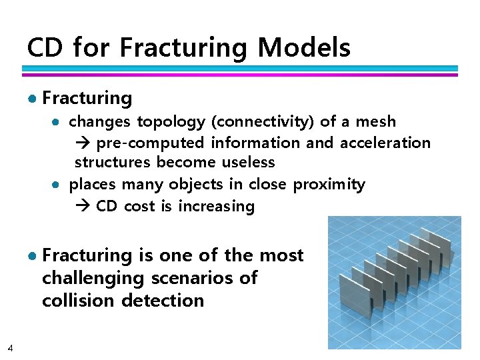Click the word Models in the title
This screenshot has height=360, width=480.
[x=303, y=48]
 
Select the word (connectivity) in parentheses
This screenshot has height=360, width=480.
[x=263, y=122]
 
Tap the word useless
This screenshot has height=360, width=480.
[x=248, y=163]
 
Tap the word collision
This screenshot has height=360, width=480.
[x=78, y=300]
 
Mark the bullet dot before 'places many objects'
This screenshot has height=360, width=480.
[x=57, y=185]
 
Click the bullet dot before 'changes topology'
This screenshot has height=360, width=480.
[x=57, y=122]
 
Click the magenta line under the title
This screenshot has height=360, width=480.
[x=240, y=75]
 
